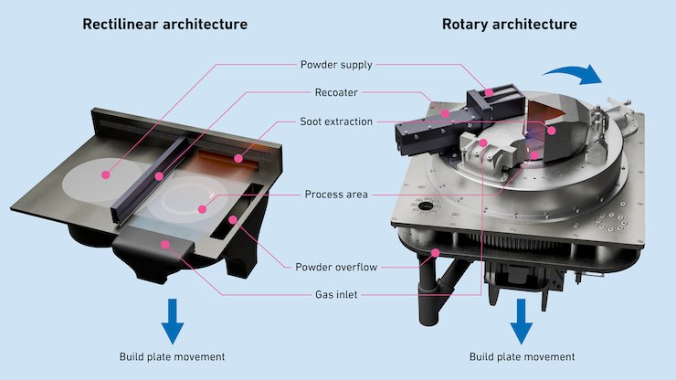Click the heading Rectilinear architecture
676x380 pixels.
(x=164, y=23)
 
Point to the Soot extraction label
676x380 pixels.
(x=336, y=121)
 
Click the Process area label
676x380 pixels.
(x=336, y=195)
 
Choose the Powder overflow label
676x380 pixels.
(x=336, y=267)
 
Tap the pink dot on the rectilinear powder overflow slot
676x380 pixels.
(x=234, y=219)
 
